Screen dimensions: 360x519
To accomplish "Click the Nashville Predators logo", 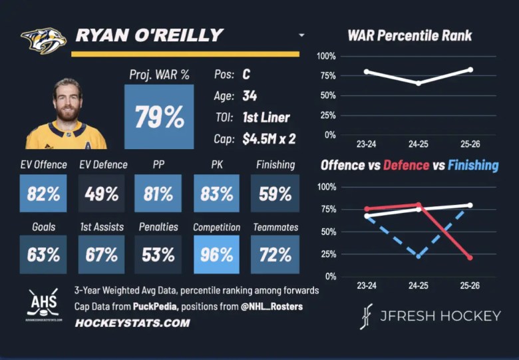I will tap(43, 40).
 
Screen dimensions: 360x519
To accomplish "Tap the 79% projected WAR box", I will tap(159, 117).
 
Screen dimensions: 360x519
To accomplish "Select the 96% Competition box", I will tap(217, 254).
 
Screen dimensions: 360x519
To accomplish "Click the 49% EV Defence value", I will tap(102, 194).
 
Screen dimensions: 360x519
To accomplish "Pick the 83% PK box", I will tap(217, 194).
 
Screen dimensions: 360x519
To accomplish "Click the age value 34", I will tap(250, 96).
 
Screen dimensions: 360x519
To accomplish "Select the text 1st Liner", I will tap(265, 117).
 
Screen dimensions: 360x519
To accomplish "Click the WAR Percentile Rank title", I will tap(410, 36).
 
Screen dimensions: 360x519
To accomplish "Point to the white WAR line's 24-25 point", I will tap(418, 83).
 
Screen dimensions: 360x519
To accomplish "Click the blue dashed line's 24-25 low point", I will tap(418, 256).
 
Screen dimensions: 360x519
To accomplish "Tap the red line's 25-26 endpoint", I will tap(470, 258).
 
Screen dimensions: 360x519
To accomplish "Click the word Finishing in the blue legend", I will tap(472, 165).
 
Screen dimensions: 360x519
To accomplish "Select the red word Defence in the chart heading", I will tap(406, 165).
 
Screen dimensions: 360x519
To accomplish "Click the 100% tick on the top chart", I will tap(327, 57).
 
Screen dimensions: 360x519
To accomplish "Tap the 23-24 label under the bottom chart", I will tap(366, 286).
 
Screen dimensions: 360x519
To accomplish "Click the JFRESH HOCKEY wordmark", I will tap(439, 315).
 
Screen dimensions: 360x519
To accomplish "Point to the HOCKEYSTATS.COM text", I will tap(132, 323).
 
